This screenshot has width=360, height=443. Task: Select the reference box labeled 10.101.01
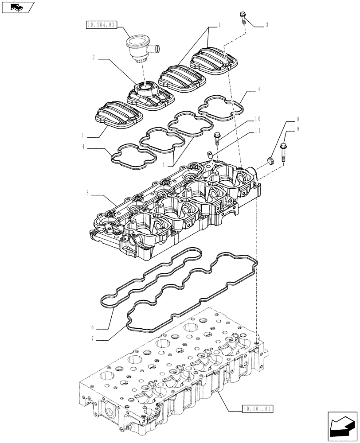pyautogui.click(x=257, y=408)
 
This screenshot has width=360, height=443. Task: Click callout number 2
pyautogui.click(x=94, y=57)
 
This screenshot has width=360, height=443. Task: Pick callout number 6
pyautogui.click(x=93, y=327)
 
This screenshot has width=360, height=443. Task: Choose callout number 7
pyautogui.click(x=93, y=339)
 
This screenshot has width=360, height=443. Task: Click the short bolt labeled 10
pyautogui.click(x=217, y=138)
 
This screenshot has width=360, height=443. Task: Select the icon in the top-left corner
pyautogui.click(x=17, y=8)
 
